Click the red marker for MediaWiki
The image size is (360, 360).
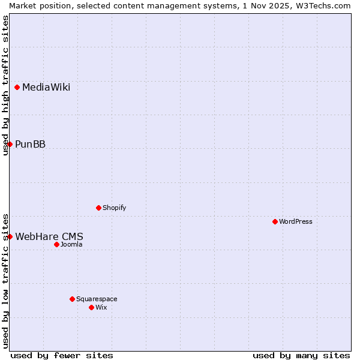(x=17, y=88)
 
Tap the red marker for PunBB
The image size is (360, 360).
(x=10, y=144)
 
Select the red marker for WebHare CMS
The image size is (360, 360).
(x=10, y=236)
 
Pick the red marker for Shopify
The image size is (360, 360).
(x=98, y=208)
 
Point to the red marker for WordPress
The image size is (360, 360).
(x=275, y=221)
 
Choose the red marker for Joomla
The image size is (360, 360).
(x=56, y=244)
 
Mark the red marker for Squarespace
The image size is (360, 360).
(x=72, y=299)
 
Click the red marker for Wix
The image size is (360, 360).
(x=91, y=307)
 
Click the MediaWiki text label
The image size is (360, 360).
(x=46, y=88)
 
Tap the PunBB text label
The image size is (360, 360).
(x=30, y=144)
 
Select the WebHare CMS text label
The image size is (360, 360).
(x=49, y=236)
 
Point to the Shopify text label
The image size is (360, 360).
(x=114, y=208)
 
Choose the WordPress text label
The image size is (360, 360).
(x=296, y=221)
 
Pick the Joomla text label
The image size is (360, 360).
(x=71, y=244)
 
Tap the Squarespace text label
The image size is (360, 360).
(x=97, y=299)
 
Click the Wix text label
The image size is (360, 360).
(x=101, y=307)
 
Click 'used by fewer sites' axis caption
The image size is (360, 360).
(x=62, y=355)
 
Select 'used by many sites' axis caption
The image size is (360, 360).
(x=301, y=355)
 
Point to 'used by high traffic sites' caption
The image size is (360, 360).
(x=6, y=85)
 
